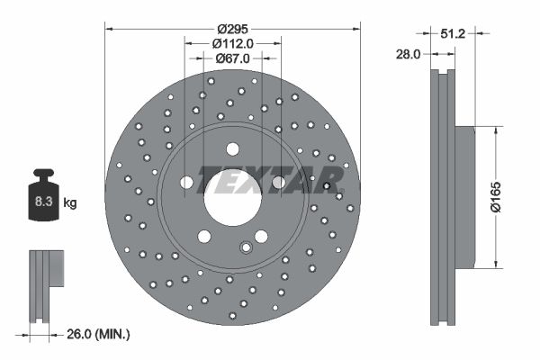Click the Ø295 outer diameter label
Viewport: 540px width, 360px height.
pos(233,27)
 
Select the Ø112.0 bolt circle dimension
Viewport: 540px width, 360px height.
pos(233,42)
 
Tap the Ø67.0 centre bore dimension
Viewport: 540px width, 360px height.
pos(233,58)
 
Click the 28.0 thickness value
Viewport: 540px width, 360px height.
pos(409,55)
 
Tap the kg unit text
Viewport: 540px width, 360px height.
pos(69,203)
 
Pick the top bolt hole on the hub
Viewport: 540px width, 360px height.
pos(233,148)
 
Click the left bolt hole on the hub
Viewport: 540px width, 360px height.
pos(187,183)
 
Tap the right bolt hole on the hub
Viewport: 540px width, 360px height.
pos(279,183)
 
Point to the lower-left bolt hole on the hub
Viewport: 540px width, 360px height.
pos(205,236)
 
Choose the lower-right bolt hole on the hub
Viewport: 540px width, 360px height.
pos(261,236)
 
